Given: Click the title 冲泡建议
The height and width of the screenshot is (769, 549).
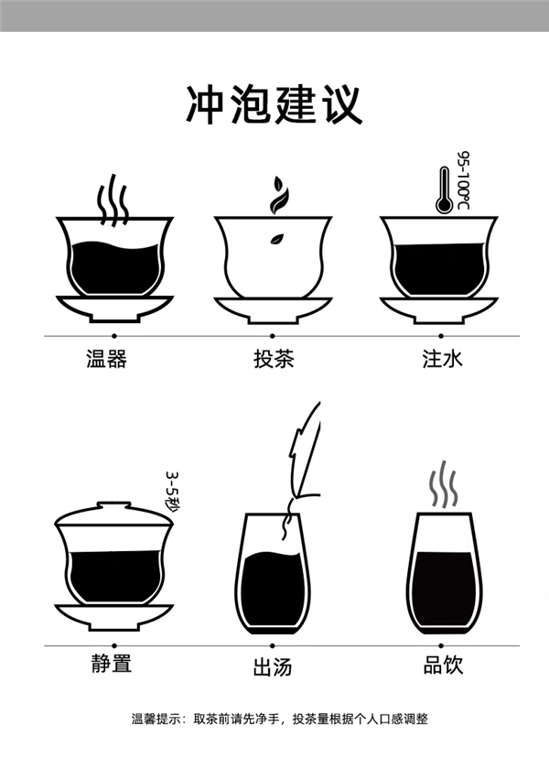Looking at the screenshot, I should click(274, 104).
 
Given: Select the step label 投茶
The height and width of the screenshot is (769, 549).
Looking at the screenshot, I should click(274, 358).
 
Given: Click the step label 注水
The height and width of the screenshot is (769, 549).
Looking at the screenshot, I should click(443, 358).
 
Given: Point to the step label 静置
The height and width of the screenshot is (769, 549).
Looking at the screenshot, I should click(111, 664).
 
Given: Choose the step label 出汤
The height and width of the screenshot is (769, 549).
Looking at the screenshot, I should click(273, 666).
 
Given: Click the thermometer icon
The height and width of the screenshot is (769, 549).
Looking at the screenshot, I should click(444, 190).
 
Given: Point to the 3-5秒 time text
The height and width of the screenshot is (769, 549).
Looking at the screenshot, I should click(172, 492).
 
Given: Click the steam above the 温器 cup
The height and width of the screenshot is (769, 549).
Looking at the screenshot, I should click(113, 199).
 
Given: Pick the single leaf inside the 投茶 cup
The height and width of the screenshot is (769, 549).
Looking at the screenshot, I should click(274, 240).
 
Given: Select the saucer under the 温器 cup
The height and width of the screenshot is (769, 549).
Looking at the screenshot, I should click(114, 307).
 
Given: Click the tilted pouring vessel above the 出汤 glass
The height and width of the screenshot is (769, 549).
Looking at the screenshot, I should click(303, 453).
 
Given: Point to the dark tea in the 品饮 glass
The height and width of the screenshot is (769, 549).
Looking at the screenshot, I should click(443, 586).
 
